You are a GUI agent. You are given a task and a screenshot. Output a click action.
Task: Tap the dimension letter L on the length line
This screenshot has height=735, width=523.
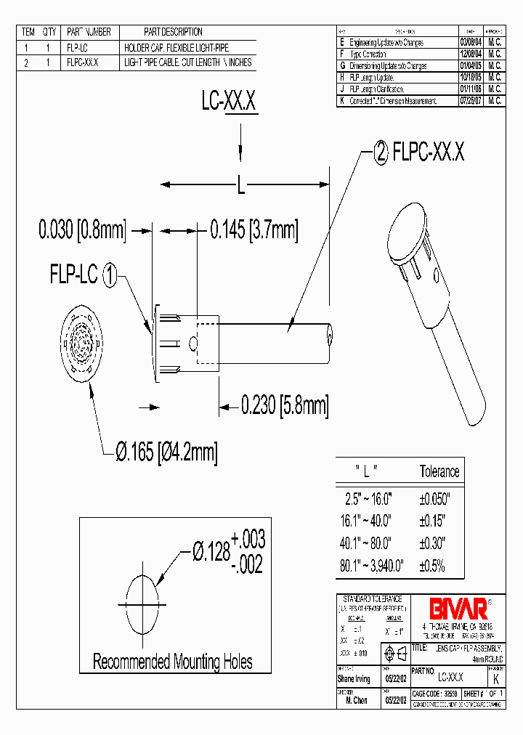(240, 187)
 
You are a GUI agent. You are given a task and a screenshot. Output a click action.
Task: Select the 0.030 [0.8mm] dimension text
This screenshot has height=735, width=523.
(82, 231)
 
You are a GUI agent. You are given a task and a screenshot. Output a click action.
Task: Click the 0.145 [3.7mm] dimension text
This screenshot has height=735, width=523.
(254, 231)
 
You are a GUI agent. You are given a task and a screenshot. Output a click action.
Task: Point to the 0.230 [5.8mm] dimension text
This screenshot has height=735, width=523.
(284, 405)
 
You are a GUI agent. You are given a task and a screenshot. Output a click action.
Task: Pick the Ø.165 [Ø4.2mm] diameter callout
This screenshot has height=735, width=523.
(166, 452)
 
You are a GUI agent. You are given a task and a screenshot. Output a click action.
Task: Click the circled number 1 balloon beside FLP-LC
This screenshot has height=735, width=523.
(108, 275)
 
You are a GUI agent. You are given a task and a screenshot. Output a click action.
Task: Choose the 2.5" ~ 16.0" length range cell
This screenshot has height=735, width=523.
(368, 500)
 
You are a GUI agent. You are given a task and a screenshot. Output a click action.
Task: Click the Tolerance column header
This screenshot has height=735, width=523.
(439, 471)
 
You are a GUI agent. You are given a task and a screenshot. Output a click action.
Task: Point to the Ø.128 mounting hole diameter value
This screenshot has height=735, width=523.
(210, 553)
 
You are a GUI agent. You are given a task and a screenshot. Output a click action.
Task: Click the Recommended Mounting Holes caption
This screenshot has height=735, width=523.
(172, 662)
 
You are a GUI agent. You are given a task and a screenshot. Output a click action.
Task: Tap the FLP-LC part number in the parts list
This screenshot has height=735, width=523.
(77, 47)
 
